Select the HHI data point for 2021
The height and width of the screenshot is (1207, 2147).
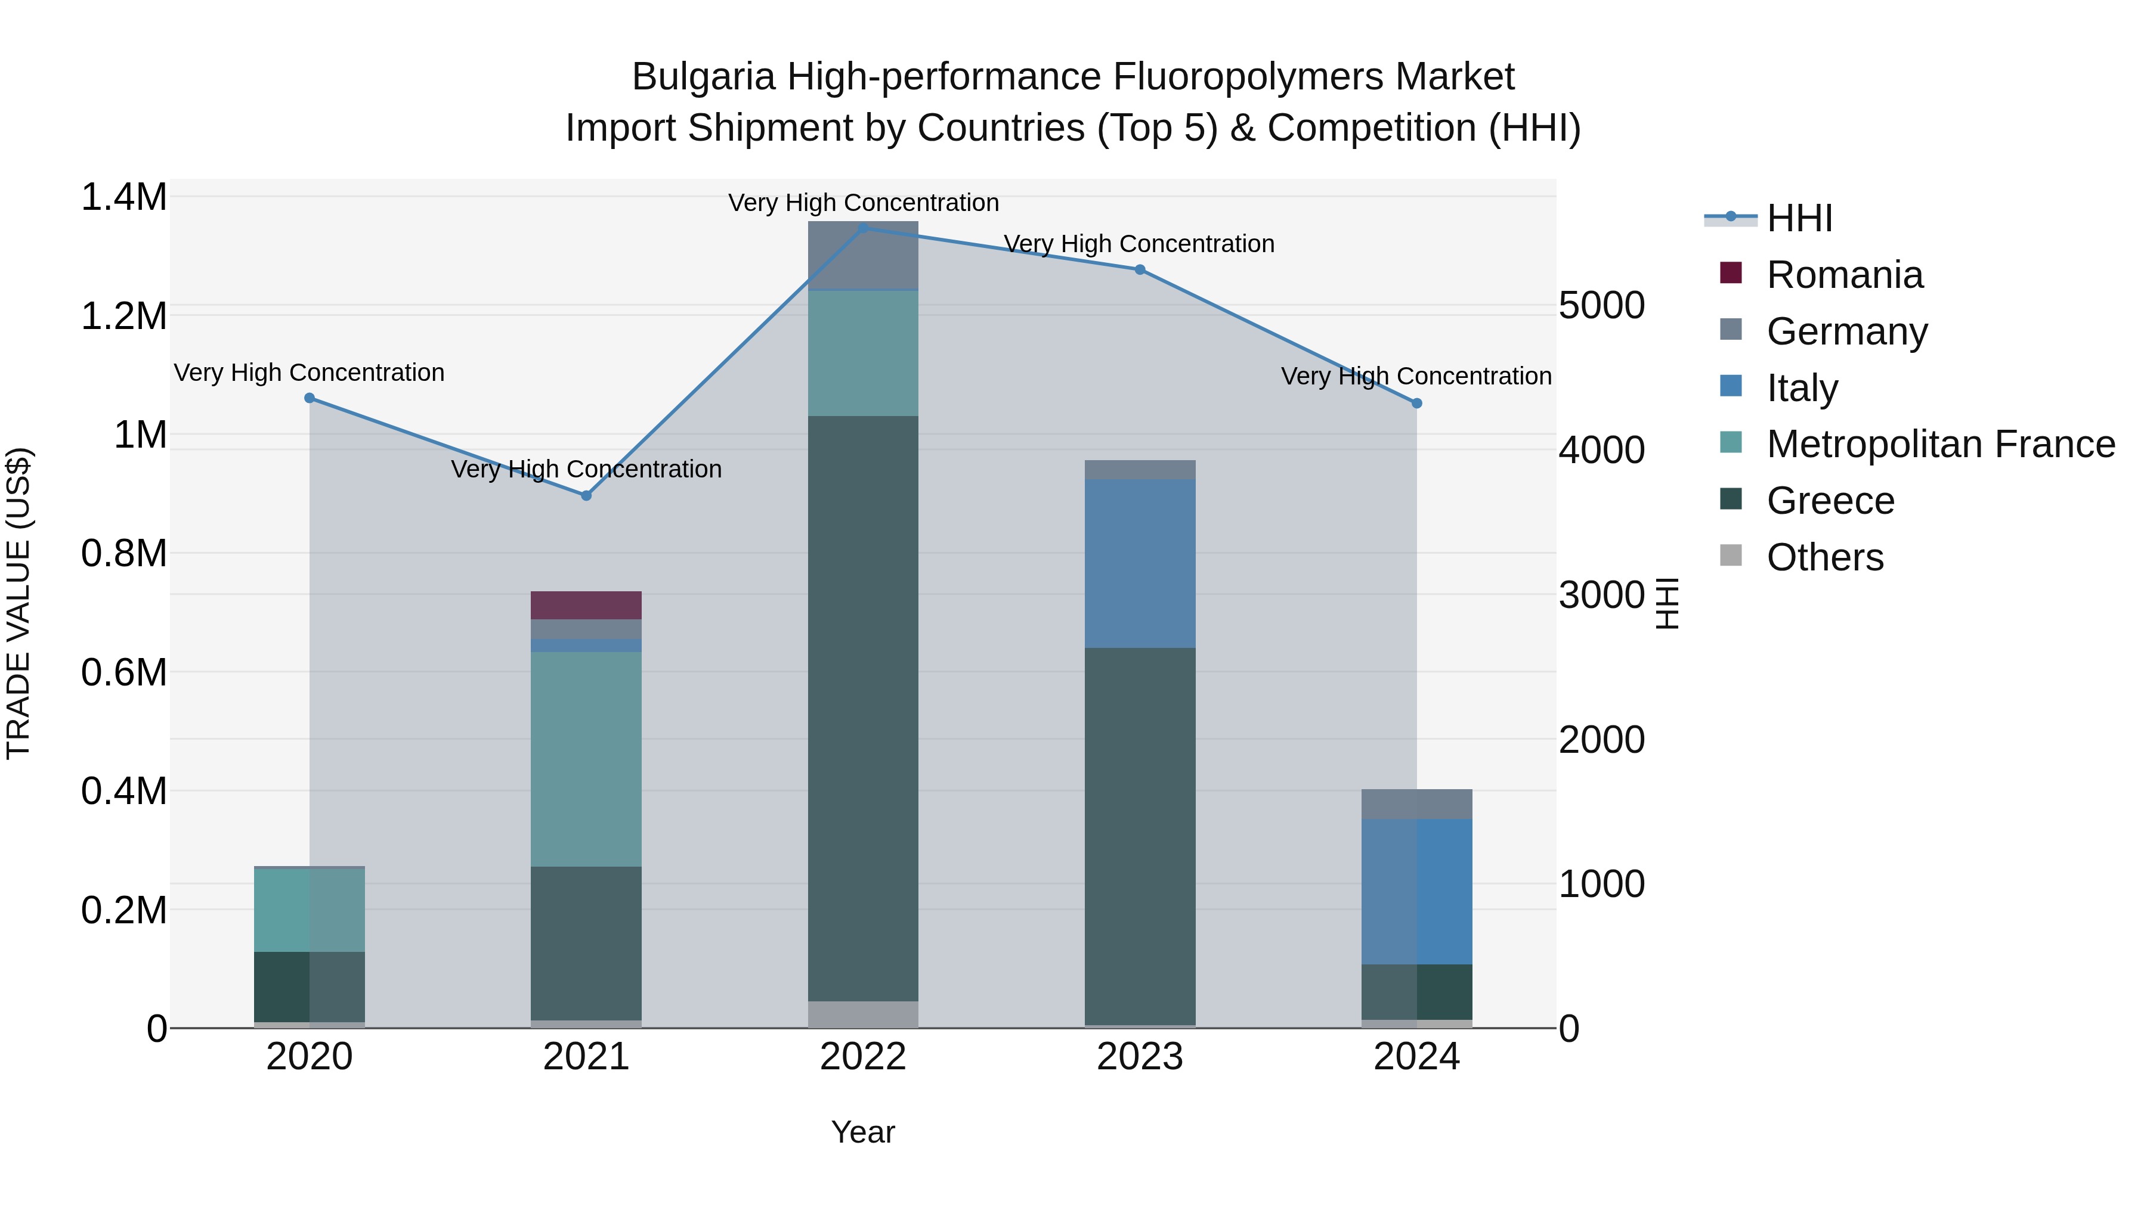[586, 496]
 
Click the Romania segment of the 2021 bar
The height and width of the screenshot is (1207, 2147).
[586, 605]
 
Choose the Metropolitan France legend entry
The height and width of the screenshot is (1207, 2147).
[1939, 444]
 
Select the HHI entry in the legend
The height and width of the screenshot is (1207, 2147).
[1799, 218]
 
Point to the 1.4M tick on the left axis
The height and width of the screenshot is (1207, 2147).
[123, 198]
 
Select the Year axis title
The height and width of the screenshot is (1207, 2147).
[862, 1132]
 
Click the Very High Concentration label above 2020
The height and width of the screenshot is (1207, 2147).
[309, 373]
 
